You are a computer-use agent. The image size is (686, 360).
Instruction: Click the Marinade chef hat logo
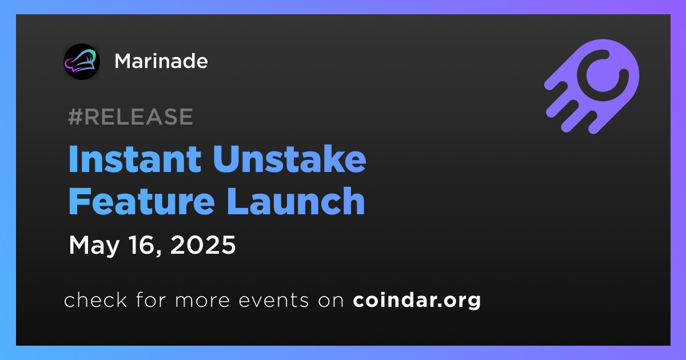81,62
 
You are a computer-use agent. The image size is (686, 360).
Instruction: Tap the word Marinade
161,61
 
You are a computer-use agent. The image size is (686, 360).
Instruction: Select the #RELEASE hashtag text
130,117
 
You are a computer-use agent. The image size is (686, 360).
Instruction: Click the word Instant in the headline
135,159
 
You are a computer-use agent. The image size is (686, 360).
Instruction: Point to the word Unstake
290,159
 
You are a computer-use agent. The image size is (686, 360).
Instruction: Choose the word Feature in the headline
142,201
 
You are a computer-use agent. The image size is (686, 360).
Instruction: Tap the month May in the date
94,246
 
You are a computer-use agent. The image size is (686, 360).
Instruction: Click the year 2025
203,245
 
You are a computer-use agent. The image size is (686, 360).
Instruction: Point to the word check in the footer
95,299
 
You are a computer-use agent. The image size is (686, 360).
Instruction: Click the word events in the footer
274,301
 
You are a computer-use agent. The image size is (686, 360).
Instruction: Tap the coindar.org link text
417,301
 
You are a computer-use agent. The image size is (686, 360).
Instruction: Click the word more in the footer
202,301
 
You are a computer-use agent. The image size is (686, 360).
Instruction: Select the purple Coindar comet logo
592,86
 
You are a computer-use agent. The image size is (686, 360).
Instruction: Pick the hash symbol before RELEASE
75,117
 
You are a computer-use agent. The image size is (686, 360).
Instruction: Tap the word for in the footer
151,299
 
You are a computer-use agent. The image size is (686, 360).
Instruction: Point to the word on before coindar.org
331,301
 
